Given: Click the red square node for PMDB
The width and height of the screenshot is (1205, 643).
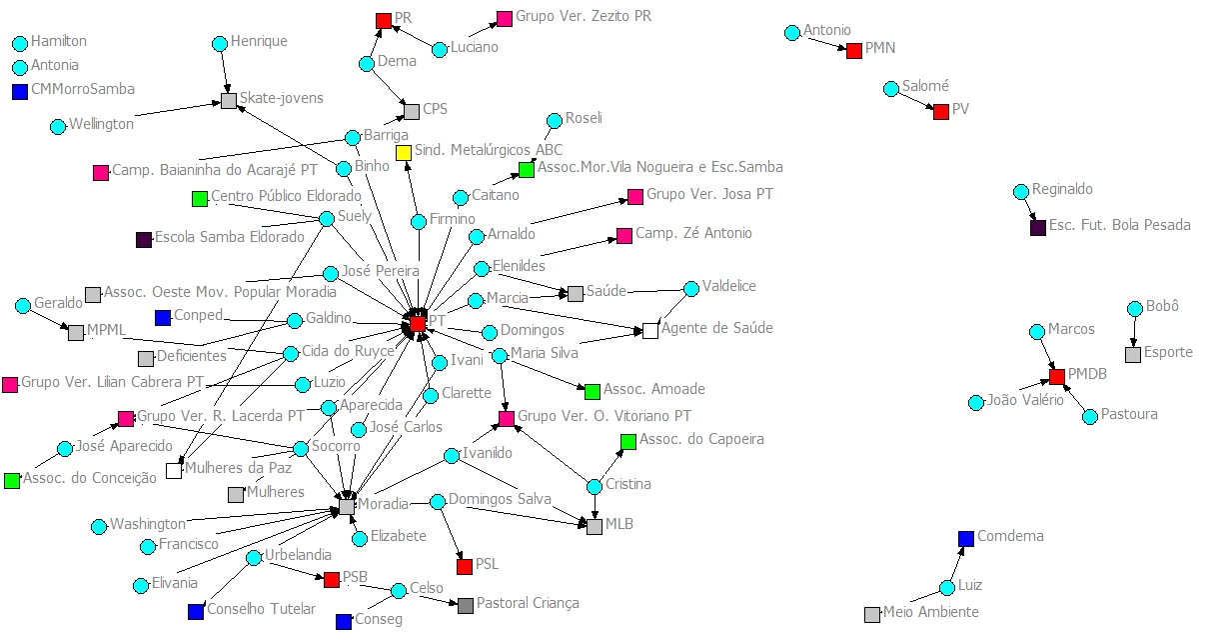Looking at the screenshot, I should click(x=1057, y=377).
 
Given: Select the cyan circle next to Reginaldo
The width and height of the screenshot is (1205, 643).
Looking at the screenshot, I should click(x=1020, y=191).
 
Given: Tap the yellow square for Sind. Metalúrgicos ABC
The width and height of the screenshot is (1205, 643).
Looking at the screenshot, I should click(x=404, y=153).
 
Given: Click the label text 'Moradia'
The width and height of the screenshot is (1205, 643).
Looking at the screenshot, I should click(x=383, y=504).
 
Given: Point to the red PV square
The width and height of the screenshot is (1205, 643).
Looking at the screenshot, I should click(x=940, y=112).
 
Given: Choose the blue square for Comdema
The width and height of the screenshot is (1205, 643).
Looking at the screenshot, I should click(x=966, y=539).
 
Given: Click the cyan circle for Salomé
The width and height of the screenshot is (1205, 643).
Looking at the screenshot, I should click(x=891, y=89).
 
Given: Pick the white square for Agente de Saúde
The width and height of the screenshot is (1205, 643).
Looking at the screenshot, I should click(x=650, y=331).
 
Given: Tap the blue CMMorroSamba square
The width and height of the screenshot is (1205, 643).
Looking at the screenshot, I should click(x=20, y=92).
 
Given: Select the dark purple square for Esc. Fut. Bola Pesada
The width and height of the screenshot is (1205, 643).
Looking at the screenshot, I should click(x=1038, y=228).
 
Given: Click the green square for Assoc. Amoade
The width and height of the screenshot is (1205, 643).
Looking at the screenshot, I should click(x=593, y=391).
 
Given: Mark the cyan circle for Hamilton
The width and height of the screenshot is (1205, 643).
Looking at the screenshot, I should click(x=20, y=43).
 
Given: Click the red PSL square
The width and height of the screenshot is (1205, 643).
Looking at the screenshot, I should click(x=465, y=567).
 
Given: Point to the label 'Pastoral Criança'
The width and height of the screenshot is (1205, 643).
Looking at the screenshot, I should click(x=528, y=603).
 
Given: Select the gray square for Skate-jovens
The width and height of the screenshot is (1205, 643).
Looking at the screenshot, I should click(x=229, y=101).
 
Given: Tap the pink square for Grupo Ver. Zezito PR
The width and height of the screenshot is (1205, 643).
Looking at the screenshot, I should click(x=506, y=18).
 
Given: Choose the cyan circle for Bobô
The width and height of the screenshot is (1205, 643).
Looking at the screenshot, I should click(x=1135, y=309).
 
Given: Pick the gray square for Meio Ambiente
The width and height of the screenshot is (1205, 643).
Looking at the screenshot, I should click(x=872, y=614).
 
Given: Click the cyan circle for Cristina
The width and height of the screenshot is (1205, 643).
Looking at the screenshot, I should click(x=595, y=486).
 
